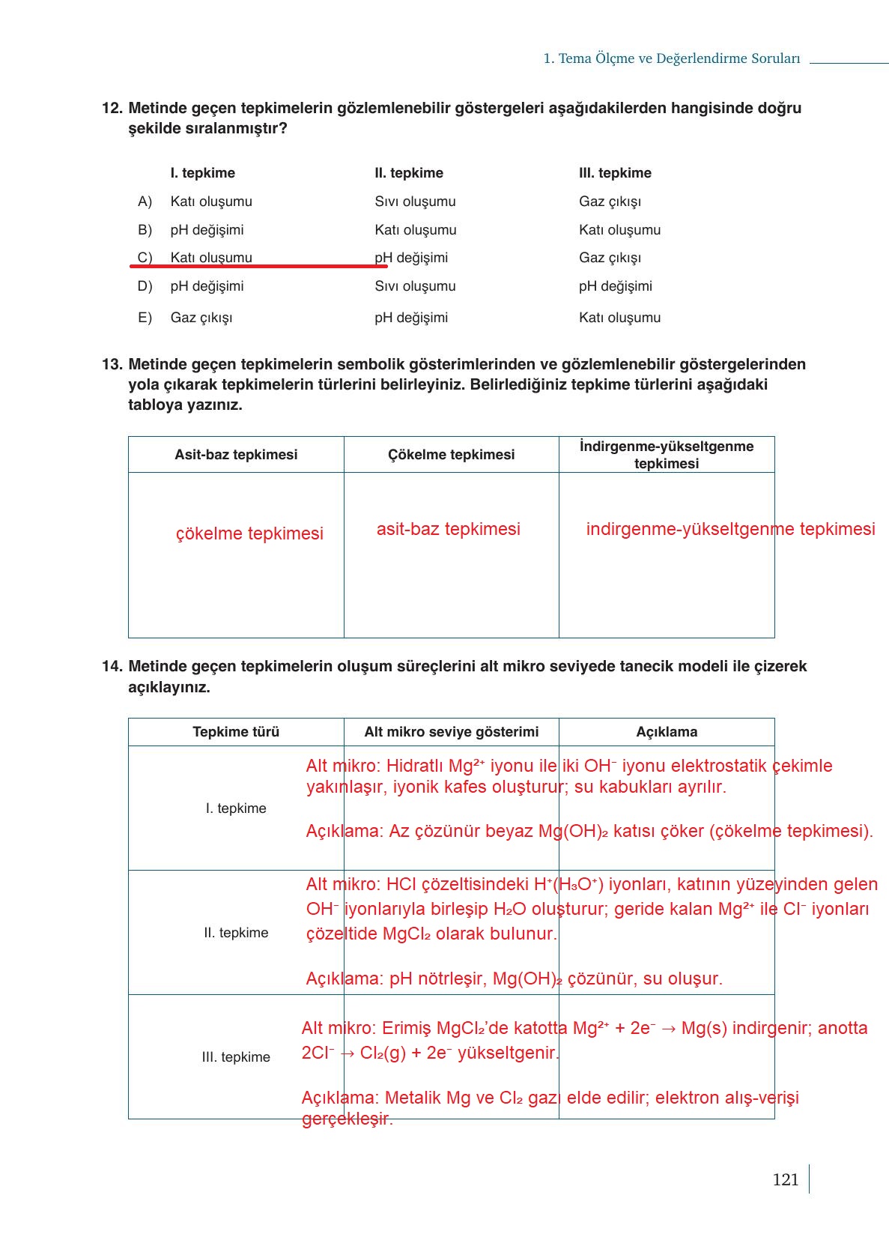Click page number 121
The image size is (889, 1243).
pyautogui.click(x=785, y=1180)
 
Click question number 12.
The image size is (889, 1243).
pyautogui.click(x=112, y=108)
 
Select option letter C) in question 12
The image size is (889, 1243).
pyautogui.click(x=145, y=258)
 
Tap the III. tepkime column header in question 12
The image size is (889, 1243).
pyautogui.click(x=615, y=173)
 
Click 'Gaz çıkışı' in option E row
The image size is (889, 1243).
pyautogui.click(x=201, y=318)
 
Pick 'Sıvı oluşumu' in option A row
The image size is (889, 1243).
pyautogui.click(x=415, y=202)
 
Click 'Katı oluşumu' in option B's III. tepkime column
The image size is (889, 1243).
pyautogui.click(x=619, y=230)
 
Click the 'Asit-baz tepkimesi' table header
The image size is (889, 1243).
pyautogui.click(x=236, y=455)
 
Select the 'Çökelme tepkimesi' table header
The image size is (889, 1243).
pyautogui.click(x=451, y=455)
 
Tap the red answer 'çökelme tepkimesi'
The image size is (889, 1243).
pyautogui.click(x=249, y=533)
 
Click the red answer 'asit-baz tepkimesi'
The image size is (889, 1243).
pyautogui.click(x=448, y=529)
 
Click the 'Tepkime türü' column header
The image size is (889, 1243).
pyautogui.click(x=236, y=732)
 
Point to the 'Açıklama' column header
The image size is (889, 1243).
pyautogui.click(x=667, y=732)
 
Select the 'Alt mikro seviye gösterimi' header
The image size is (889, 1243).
pyautogui.click(x=451, y=732)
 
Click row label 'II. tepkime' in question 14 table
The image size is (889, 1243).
pyautogui.click(x=236, y=933)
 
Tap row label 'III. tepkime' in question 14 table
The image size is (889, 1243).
pyautogui.click(x=236, y=1057)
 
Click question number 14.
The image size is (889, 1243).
pyautogui.click(x=112, y=666)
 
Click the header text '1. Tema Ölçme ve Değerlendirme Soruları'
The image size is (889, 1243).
pyautogui.click(x=671, y=58)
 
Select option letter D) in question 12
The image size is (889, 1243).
pyautogui.click(x=145, y=286)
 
